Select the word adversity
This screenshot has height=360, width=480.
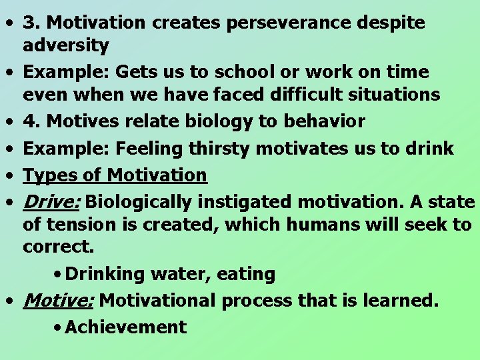65,45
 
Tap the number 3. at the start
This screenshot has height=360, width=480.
31,23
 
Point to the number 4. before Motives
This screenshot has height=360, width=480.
31,121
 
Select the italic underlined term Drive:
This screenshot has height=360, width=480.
51,201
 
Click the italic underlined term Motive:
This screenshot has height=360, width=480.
58,301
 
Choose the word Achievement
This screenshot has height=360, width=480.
126,327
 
